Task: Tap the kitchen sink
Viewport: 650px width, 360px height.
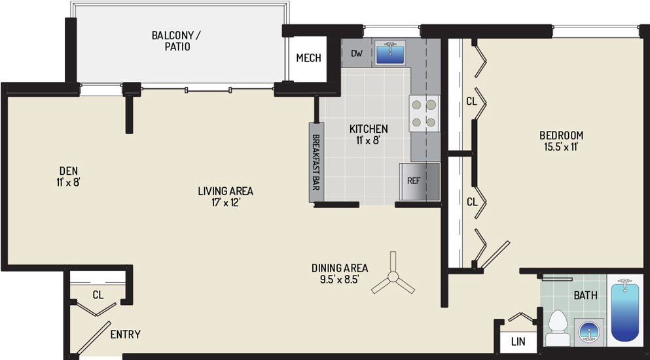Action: click(x=390, y=52)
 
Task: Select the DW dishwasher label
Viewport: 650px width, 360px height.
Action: click(x=356, y=53)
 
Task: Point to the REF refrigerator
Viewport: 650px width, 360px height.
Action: click(x=419, y=182)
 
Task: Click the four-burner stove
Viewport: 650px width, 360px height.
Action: click(x=424, y=113)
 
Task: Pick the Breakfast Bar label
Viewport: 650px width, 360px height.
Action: click(x=316, y=162)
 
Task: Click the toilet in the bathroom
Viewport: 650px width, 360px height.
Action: click(x=558, y=328)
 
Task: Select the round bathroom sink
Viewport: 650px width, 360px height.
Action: click(x=590, y=333)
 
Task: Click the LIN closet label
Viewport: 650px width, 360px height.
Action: click(x=518, y=342)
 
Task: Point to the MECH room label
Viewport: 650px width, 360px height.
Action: click(x=308, y=58)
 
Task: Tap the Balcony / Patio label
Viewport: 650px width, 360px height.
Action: click(x=177, y=41)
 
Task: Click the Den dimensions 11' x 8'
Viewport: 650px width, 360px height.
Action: click(x=68, y=182)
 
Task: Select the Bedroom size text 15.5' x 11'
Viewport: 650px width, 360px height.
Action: click(x=561, y=147)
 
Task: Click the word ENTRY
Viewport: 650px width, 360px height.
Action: click(x=125, y=334)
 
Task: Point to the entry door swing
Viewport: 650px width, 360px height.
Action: click(x=94, y=338)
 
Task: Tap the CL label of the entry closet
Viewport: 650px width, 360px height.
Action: click(x=98, y=295)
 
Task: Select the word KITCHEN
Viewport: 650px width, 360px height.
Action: click(x=369, y=128)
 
